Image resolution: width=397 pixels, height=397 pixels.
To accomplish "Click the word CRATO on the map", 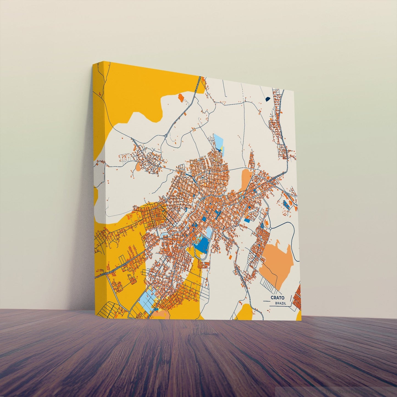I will [277, 298].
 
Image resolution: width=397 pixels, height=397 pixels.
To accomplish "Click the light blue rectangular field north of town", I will [218, 141].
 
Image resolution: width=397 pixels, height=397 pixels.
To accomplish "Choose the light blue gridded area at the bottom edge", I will [148, 299].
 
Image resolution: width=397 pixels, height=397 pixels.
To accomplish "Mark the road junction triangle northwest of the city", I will [166, 135].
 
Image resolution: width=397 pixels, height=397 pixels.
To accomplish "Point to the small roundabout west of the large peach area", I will [271, 228].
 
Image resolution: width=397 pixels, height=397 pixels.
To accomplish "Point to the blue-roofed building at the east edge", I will [286, 204].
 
